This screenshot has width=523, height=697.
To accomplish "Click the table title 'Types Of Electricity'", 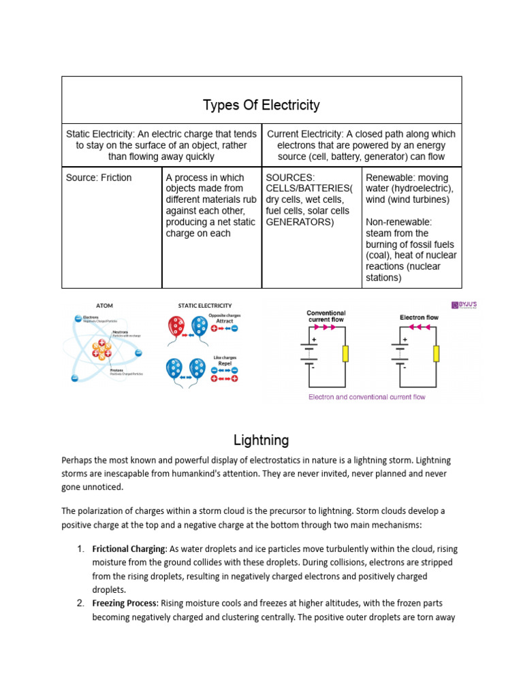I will coord(261,106).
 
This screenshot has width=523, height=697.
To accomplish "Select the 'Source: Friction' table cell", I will coord(99,178).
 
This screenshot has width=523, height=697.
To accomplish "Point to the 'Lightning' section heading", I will coord(261,440).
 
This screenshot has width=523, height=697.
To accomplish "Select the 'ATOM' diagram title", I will coord(104,306).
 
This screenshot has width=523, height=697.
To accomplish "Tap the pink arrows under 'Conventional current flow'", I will coord(328,327).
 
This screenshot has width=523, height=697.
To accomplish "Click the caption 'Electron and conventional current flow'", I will coord(366,397).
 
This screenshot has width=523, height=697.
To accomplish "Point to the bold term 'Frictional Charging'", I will coord(129,549).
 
